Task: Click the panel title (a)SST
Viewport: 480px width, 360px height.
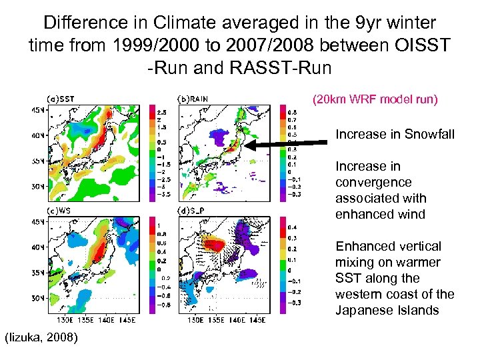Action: tap(60, 99)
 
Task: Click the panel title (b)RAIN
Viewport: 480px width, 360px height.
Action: tap(192, 99)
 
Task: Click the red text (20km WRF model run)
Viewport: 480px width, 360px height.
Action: tap(375, 100)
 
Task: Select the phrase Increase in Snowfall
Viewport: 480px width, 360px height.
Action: tap(395, 134)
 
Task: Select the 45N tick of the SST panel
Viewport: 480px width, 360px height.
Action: tap(38, 109)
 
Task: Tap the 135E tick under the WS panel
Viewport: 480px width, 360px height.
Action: tap(75, 320)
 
